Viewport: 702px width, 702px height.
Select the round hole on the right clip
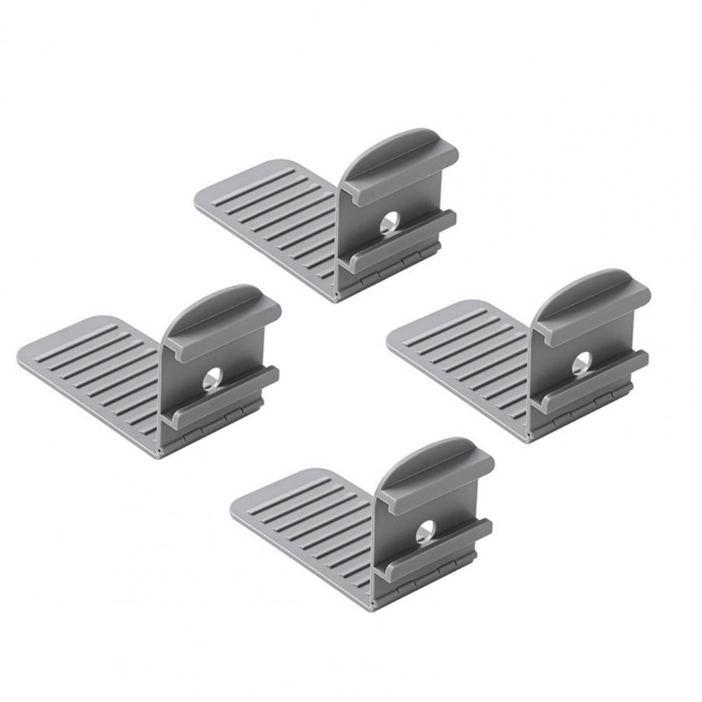[581, 363]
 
